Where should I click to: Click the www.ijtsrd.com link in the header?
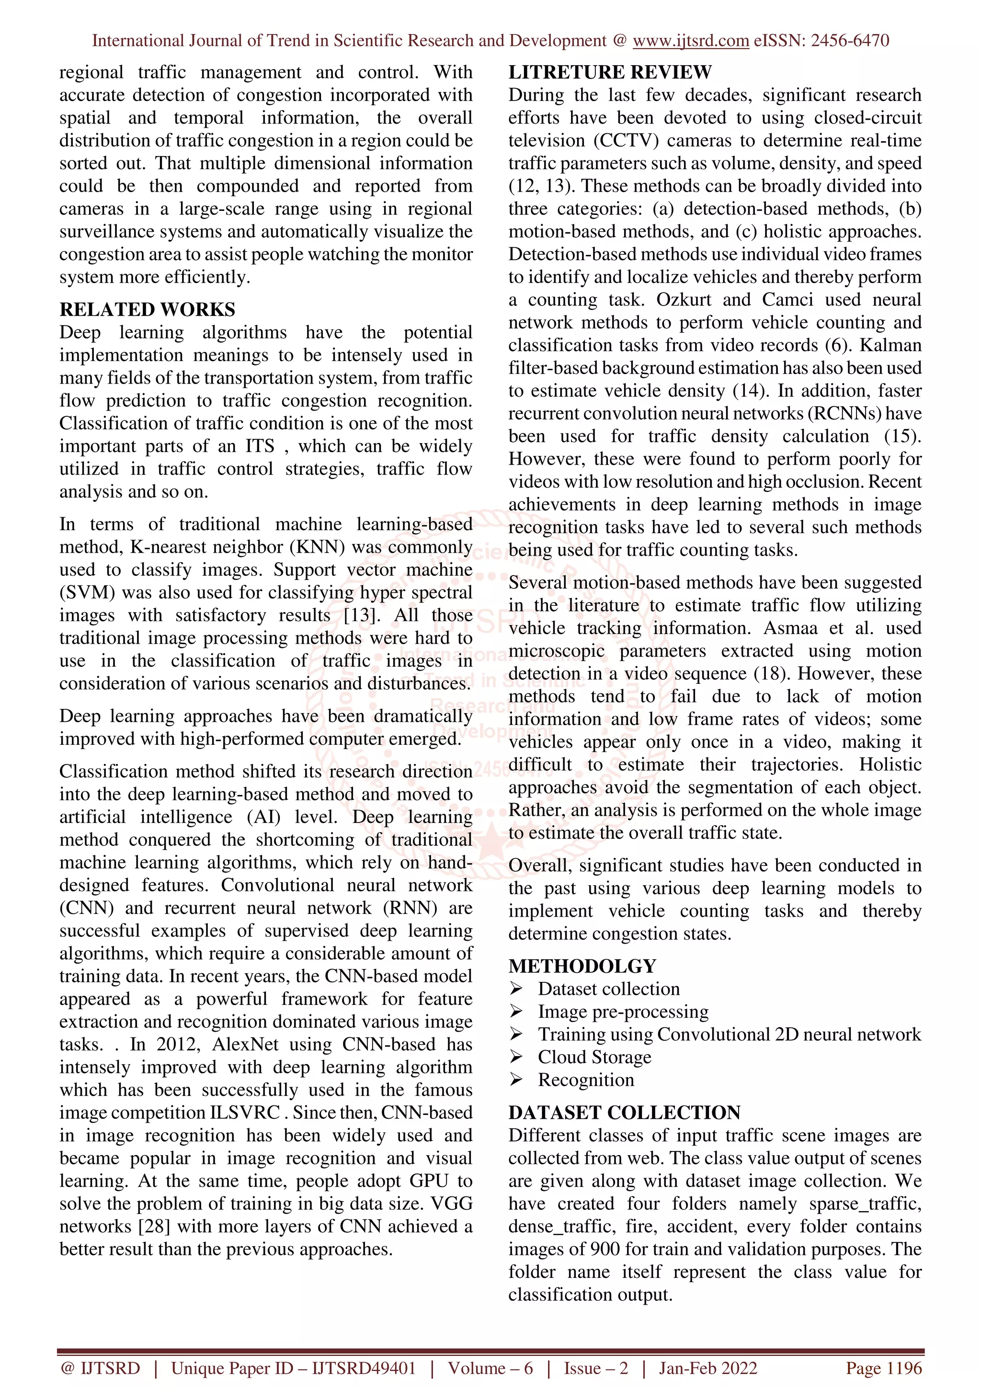[690, 41]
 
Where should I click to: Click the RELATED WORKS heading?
[147, 309]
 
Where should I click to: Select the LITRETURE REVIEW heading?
[609, 72]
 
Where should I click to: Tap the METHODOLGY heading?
[582, 966]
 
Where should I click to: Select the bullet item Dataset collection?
[609, 989]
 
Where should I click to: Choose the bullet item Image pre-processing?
[623, 1012]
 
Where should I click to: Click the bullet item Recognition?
[586, 1080]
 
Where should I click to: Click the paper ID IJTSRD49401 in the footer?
[364, 1368]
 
